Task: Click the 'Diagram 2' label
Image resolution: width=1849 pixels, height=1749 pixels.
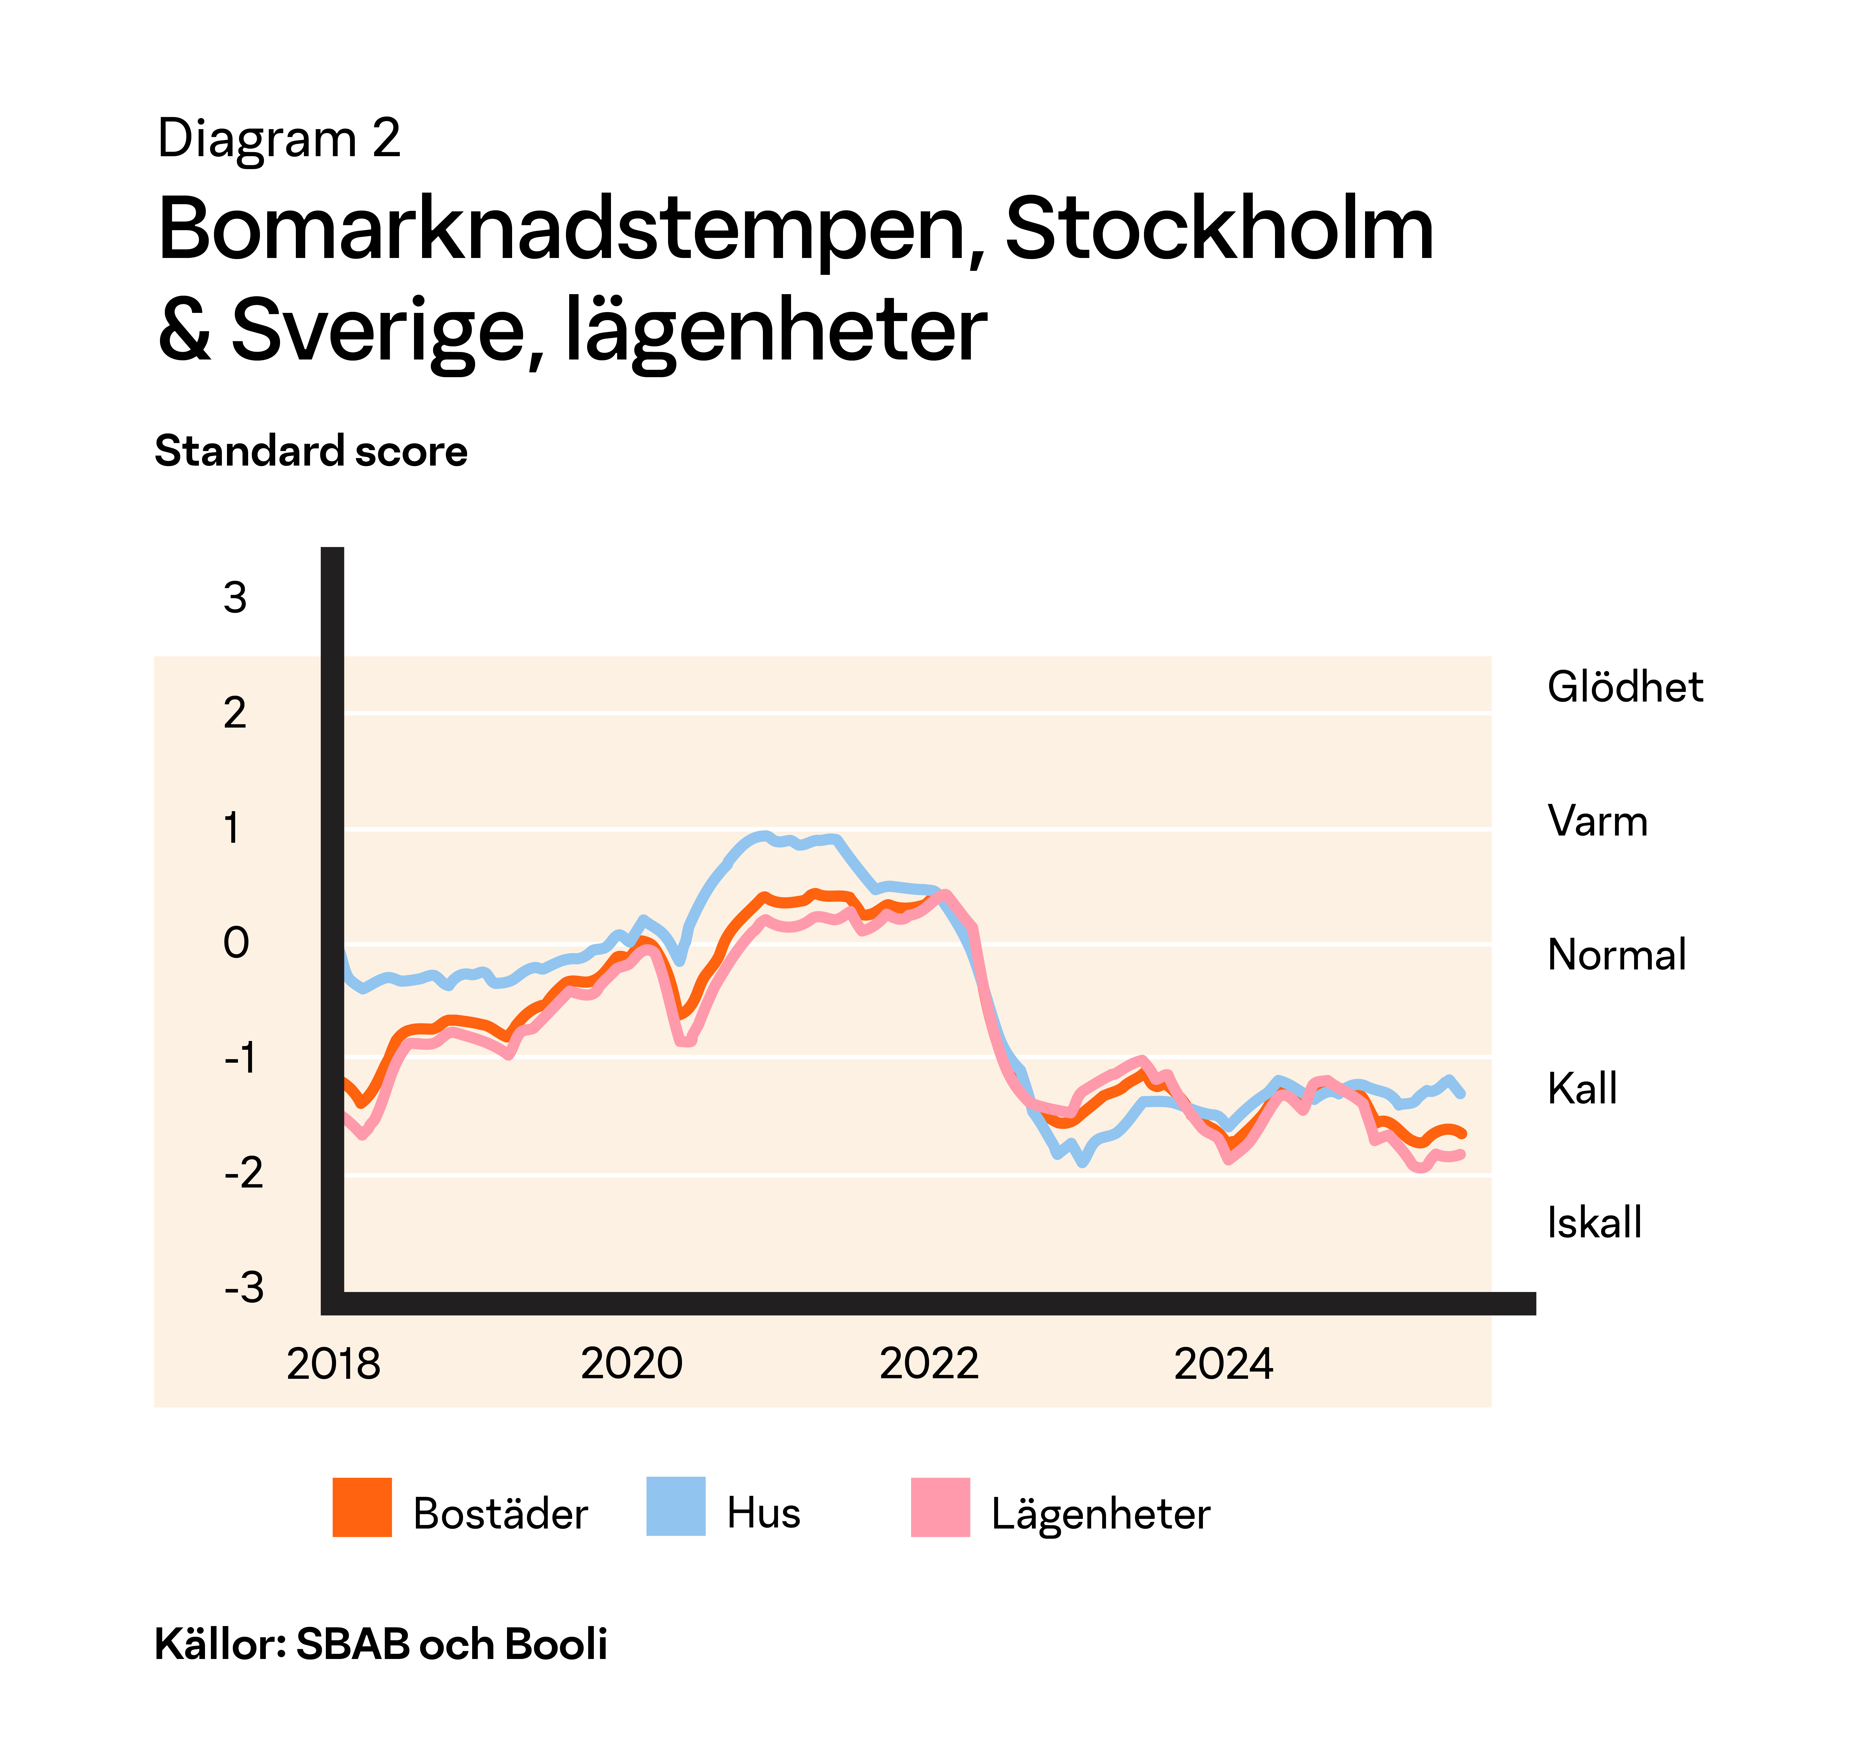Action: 279,139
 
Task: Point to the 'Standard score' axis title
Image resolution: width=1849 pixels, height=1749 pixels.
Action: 311,451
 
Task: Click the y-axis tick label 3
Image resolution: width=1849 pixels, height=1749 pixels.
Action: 235,598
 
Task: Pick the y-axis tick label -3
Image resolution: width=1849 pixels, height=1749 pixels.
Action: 244,1287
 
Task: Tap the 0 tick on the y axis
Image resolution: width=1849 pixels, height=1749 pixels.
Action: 236,943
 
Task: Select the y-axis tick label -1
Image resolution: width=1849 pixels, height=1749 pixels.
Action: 241,1058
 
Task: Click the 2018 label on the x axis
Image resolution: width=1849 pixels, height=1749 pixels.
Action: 333,1364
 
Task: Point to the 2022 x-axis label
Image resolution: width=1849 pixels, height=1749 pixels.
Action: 929,1364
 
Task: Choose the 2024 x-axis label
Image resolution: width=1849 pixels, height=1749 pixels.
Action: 1222,1364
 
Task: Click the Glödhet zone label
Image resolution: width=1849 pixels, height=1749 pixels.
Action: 1624,687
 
